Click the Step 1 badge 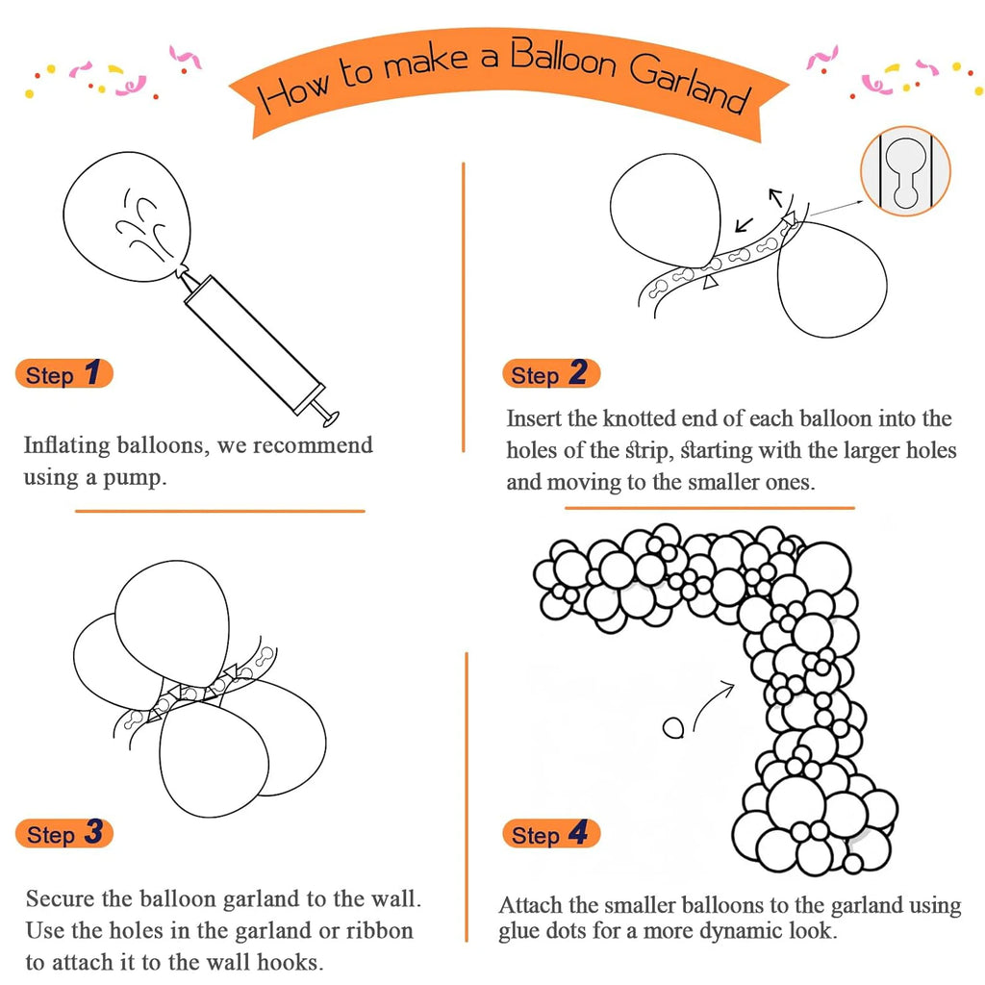click(64, 374)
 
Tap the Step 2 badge click(551, 374)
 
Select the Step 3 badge click(64, 833)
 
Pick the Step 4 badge click(551, 834)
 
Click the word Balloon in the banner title click(562, 59)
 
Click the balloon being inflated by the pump click(127, 216)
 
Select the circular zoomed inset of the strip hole click(905, 171)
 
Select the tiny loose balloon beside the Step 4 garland click(673, 728)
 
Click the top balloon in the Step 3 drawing click(172, 623)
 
